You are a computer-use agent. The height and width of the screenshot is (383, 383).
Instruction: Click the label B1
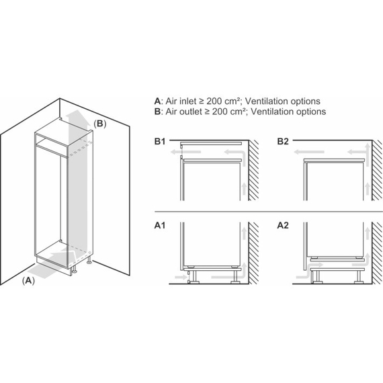click(x=160, y=141)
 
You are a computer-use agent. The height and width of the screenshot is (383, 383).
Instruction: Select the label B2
click(x=283, y=141)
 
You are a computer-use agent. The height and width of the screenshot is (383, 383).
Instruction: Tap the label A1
click(x=160, y=225)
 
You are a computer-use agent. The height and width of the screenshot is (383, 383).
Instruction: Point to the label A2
click(x=283, y=225)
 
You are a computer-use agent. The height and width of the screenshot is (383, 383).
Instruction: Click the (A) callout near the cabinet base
click(x=29, y=281)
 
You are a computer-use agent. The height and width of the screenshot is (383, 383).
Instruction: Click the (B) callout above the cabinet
click(x=100, y=124)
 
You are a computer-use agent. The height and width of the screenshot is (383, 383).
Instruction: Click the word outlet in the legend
click(x=191, y=112)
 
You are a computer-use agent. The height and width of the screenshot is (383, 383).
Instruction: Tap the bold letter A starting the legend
click(x=157, y=101)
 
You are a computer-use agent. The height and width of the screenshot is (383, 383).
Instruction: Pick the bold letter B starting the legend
click(x=157, y=112)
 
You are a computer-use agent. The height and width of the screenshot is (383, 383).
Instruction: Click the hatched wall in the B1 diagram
click(x=253, y=170)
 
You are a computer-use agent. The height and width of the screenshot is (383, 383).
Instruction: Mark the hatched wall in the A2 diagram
click(x=377, y=253)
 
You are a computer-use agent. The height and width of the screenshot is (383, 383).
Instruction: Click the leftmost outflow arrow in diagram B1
click(x=185, y=152)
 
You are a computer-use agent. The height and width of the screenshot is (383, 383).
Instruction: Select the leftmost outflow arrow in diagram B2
click(x=309, y=152)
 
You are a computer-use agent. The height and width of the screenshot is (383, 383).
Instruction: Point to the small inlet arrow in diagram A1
click(x=181, y=277)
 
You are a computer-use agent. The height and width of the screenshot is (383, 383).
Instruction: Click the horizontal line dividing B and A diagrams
click(x=269, y=211)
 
